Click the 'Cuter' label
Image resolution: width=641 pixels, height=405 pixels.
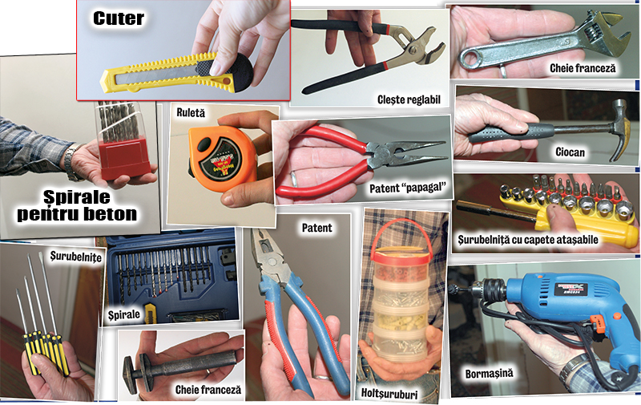[119, 18]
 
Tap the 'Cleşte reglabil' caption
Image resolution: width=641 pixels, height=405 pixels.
[409, 99]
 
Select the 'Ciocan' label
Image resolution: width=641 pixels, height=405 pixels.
[570, 152]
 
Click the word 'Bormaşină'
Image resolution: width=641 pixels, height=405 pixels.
[489, 374]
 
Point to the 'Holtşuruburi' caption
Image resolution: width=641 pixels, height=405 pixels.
[389, 394]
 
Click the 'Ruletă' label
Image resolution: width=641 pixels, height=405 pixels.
[191, 112]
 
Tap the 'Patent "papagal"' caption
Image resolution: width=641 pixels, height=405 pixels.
[407, 188]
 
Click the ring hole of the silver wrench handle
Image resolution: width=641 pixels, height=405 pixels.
[467, 60]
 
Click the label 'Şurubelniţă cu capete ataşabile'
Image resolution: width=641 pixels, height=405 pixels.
[528, 240]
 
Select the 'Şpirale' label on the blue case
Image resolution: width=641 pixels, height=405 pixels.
[124, 315]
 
